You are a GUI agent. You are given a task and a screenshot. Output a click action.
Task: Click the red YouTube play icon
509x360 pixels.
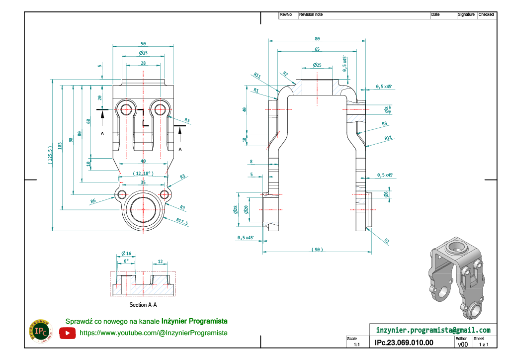pos(67,333)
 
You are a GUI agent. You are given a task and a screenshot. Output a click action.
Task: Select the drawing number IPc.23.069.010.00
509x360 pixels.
pos(404,343)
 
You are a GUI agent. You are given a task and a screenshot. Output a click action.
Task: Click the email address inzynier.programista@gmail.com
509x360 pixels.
pos(433,330)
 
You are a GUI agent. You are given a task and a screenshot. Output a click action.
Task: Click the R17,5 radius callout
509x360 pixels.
pos(182,222)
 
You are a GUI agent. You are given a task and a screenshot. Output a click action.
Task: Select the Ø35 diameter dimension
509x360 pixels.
pos(143,53)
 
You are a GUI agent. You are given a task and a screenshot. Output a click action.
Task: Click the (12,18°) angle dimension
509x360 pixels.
pos(143,174)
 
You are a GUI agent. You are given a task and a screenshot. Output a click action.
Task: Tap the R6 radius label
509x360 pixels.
pos(93,201)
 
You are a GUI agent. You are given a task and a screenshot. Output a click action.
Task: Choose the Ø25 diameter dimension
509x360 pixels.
pos(317,65)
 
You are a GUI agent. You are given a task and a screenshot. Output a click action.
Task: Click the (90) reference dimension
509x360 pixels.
pos(317,249)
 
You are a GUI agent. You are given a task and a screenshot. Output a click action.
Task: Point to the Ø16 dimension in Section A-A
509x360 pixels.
pos(126,254)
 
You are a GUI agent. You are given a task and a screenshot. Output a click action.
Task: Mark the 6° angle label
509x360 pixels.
pos(126,261)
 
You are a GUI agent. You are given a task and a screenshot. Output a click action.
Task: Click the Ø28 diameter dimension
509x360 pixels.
pos(236,210)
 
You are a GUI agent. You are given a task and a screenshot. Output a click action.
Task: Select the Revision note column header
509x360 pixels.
pos(311,15)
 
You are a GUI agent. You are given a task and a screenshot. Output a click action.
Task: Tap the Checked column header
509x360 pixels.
pos(486,15)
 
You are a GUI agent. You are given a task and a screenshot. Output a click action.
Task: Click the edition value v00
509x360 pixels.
pos(462,344)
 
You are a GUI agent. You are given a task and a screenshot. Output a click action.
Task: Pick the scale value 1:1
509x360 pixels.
pos(356,344)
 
